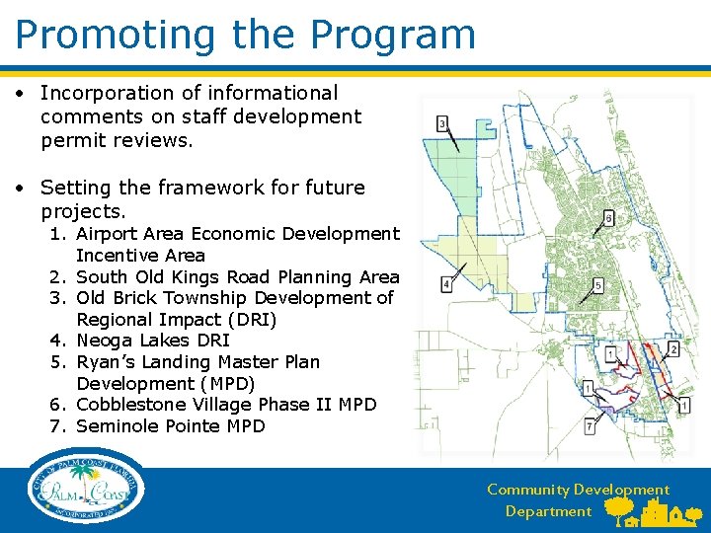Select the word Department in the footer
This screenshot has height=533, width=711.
click(548, 511)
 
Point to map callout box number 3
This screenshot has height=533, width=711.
click(442, 122)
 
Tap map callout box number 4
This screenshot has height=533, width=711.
click(446, 284)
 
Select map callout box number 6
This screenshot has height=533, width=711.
click(608, 217)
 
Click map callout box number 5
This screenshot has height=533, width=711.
click(598, 285)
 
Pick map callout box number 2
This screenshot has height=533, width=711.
click(673, 348)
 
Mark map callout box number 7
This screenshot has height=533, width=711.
click(589, 426)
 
